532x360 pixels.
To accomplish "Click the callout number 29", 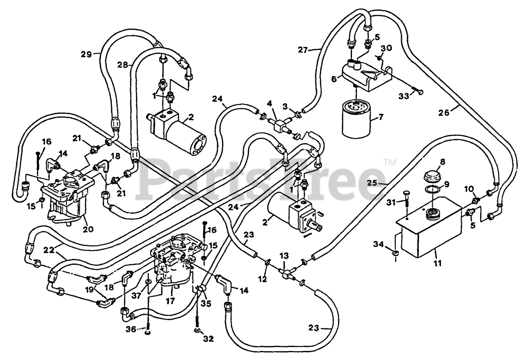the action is point(86,54).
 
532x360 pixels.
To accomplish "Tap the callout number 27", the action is point(303,50).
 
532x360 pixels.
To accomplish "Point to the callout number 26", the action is point(443,112).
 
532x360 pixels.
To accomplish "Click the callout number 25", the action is point(372,183).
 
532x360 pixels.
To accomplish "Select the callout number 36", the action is point(131,329).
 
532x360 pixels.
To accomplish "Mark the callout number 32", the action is point(208,339).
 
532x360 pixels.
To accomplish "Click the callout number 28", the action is point(123,65).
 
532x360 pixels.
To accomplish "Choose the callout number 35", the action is point(206,303).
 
